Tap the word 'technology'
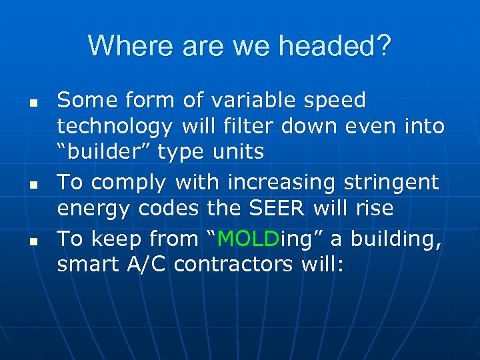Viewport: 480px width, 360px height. click(113, 127)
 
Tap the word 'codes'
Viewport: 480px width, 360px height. click(168, 208)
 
